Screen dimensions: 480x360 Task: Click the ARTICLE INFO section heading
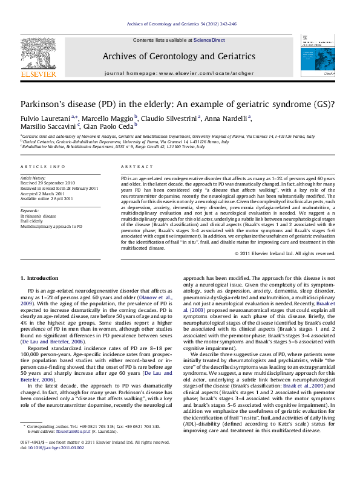pyautogui.click(x=42, y=166)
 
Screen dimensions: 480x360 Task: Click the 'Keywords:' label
pyautogui.click(x=30, y=210)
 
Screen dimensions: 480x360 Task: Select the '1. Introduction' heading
pyautogui.click(x=40, y=277)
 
